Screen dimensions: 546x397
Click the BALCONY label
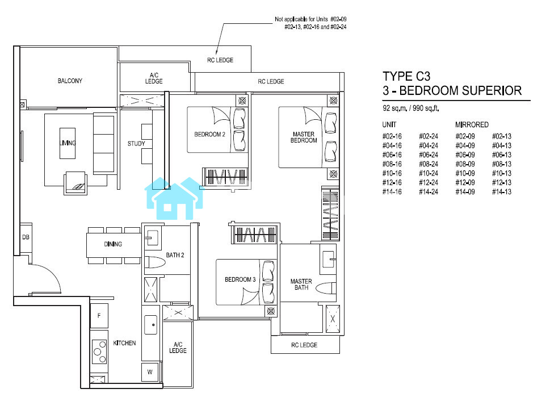coord(70,81)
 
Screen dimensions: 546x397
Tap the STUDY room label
coord(136,144)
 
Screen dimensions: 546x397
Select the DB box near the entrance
coord(26,237)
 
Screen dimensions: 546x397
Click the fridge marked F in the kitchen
coord(99,316)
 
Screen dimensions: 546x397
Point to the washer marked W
coord(150,372)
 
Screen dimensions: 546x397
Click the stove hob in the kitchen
coord(99,352)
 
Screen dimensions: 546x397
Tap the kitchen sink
coord(151,325)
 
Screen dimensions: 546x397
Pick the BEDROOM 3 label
coord(240,279)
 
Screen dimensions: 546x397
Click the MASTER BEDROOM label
coord(304,137)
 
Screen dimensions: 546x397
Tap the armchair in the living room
coord(75,183)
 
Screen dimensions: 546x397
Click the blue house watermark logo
coord(174,198)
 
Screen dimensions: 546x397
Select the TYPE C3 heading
coord(406,76)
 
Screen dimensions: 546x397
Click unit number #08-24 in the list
coord(429,164)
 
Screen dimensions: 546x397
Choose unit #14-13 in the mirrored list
coord(501,192)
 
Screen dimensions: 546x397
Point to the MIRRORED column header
coord(472,125)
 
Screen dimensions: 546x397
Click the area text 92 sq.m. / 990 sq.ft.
coord(410,108)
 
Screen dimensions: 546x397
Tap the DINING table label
coord(113,244)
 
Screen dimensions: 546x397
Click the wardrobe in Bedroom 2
coord(225,177)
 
